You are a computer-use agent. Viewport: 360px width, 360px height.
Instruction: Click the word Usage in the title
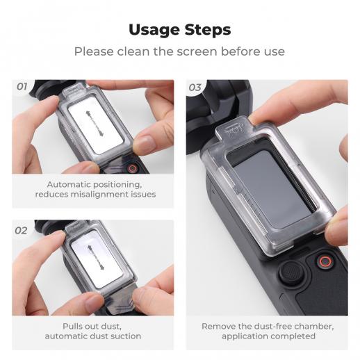coord(154,30)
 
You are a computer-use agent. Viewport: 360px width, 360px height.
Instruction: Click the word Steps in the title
coord(208,30)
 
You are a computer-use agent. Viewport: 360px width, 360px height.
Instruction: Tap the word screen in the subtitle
coord(197,51)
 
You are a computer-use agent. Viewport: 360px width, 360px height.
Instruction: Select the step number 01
coord(22,87)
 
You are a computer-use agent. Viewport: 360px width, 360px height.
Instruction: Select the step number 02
coord(21,231)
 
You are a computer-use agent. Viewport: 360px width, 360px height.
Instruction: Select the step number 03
coord(195,88)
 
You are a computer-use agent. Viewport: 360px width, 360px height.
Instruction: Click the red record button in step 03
coord(325,262)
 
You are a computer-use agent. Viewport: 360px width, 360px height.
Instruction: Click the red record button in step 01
coord(133,168)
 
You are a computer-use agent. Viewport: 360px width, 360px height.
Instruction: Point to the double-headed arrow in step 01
coord(95,124)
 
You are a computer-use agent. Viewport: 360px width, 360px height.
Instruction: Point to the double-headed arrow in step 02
coord(96,258)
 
